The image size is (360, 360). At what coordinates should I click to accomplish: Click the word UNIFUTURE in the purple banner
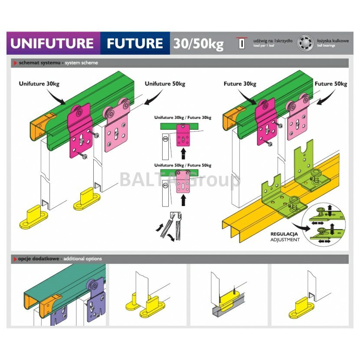pos(52,43)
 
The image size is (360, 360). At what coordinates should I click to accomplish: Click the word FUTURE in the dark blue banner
pos(135,43)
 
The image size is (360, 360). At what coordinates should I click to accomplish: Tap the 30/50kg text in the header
pos(199,43)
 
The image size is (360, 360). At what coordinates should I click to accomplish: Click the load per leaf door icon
pos(242,43)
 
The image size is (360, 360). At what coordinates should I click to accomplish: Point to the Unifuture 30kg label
pos(39,84)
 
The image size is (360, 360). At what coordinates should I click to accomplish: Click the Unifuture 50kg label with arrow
pos(165,84)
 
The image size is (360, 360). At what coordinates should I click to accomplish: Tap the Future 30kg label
pos(239,84)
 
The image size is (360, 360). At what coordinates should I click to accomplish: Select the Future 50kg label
pos(331,84)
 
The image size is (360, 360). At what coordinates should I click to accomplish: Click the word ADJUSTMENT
pos(285,239)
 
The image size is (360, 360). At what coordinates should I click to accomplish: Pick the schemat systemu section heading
pos(59,63)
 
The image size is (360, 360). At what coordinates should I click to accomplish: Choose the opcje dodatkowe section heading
pos(60,259)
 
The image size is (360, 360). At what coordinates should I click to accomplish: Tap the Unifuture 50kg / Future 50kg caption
pos(183,165)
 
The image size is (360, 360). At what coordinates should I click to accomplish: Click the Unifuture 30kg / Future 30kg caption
pos(183,118)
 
